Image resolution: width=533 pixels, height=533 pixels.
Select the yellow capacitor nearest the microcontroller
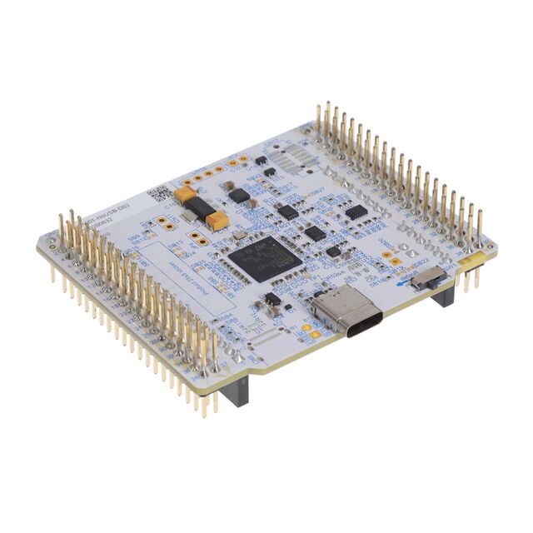(217, 221)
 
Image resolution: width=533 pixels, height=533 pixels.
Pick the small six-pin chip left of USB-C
(271, 299)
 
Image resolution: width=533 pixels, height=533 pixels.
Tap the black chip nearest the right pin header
(356, 212)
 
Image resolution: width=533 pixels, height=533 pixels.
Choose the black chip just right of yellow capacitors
(239, 196)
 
